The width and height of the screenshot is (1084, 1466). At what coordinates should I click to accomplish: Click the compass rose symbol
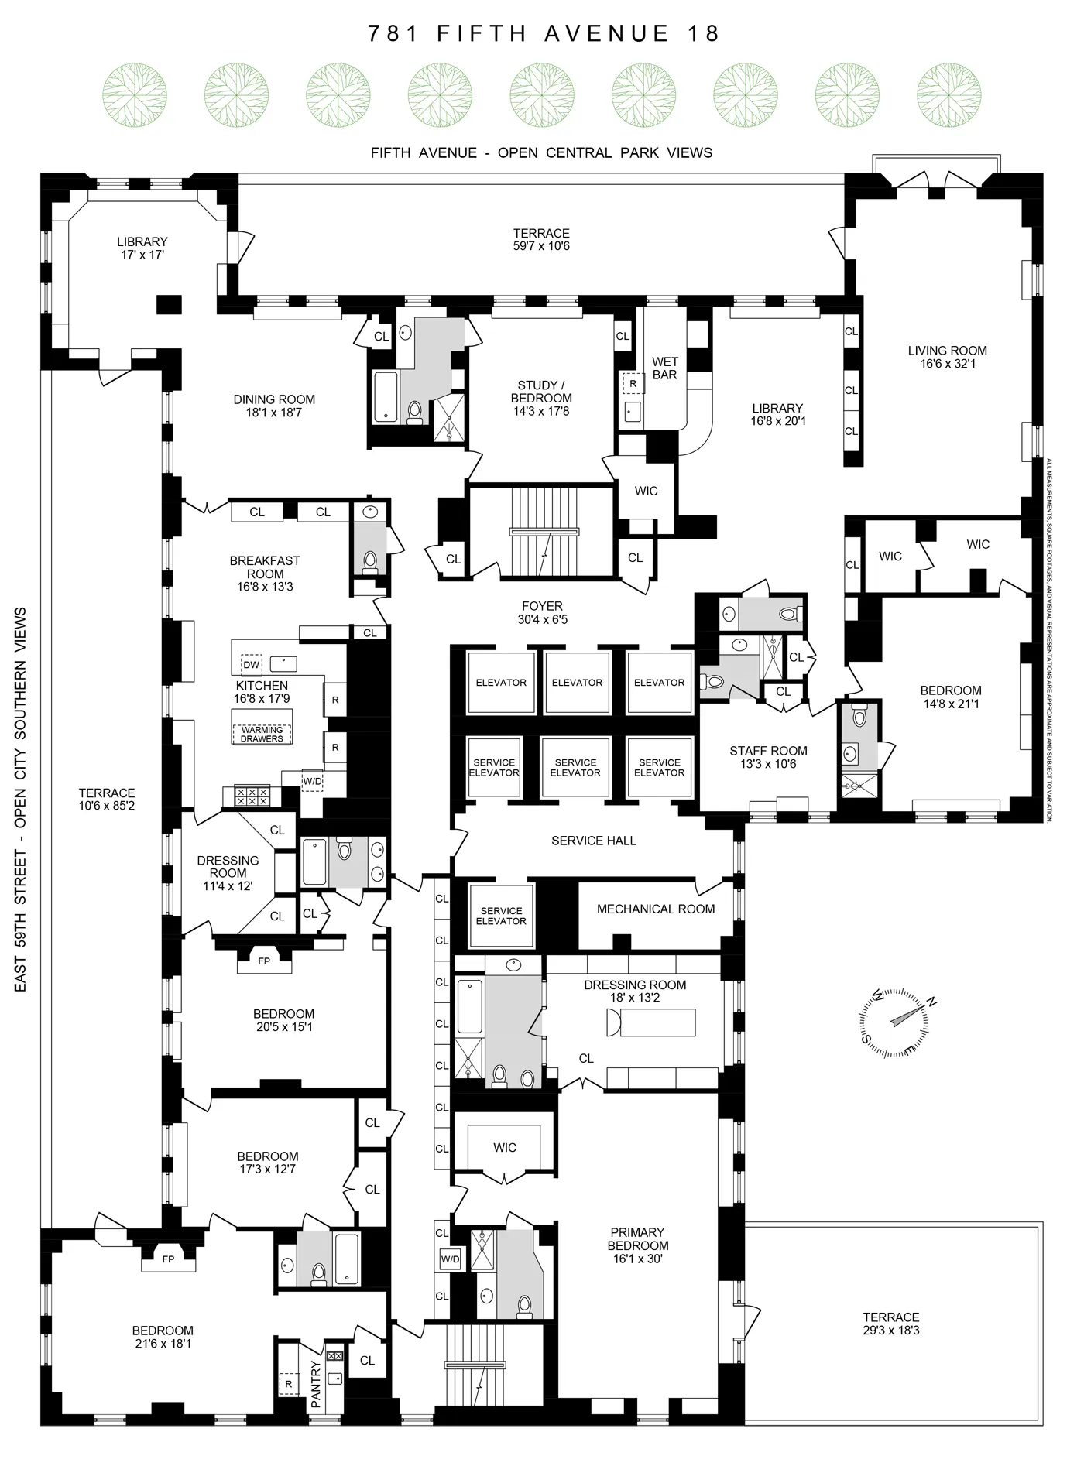point(894,1022)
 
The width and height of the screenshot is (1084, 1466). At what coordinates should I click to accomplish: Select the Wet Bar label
point(664,368)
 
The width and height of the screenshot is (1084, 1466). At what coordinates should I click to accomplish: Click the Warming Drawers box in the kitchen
point(262,734)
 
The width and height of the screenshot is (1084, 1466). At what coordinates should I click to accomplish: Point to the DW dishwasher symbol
point(251,665)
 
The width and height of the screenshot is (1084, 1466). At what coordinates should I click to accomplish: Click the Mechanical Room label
point(655,909)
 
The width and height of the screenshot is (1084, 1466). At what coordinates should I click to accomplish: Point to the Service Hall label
point(593,841)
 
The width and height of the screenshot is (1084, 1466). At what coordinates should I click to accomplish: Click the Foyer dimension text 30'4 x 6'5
point(542,619)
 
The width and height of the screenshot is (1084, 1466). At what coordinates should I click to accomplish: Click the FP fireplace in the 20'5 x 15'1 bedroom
point(264,961)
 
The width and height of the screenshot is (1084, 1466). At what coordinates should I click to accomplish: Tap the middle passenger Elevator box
point(577,682)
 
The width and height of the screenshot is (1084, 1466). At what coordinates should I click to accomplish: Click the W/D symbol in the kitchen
point(312,781)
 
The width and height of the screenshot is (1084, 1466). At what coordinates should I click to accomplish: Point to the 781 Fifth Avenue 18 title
point(544,33)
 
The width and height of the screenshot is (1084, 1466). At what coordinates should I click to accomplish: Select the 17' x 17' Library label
point(142,255)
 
